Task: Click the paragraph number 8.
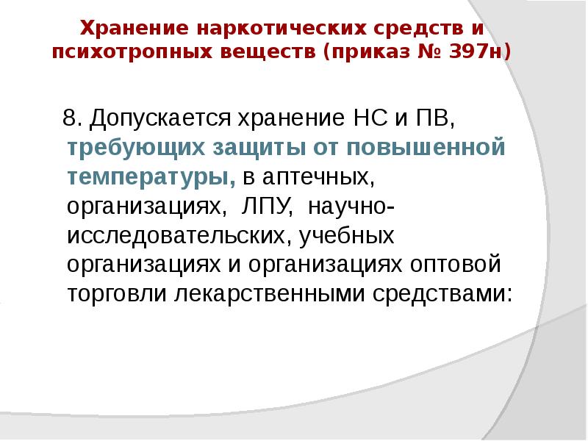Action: click(71, 118)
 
